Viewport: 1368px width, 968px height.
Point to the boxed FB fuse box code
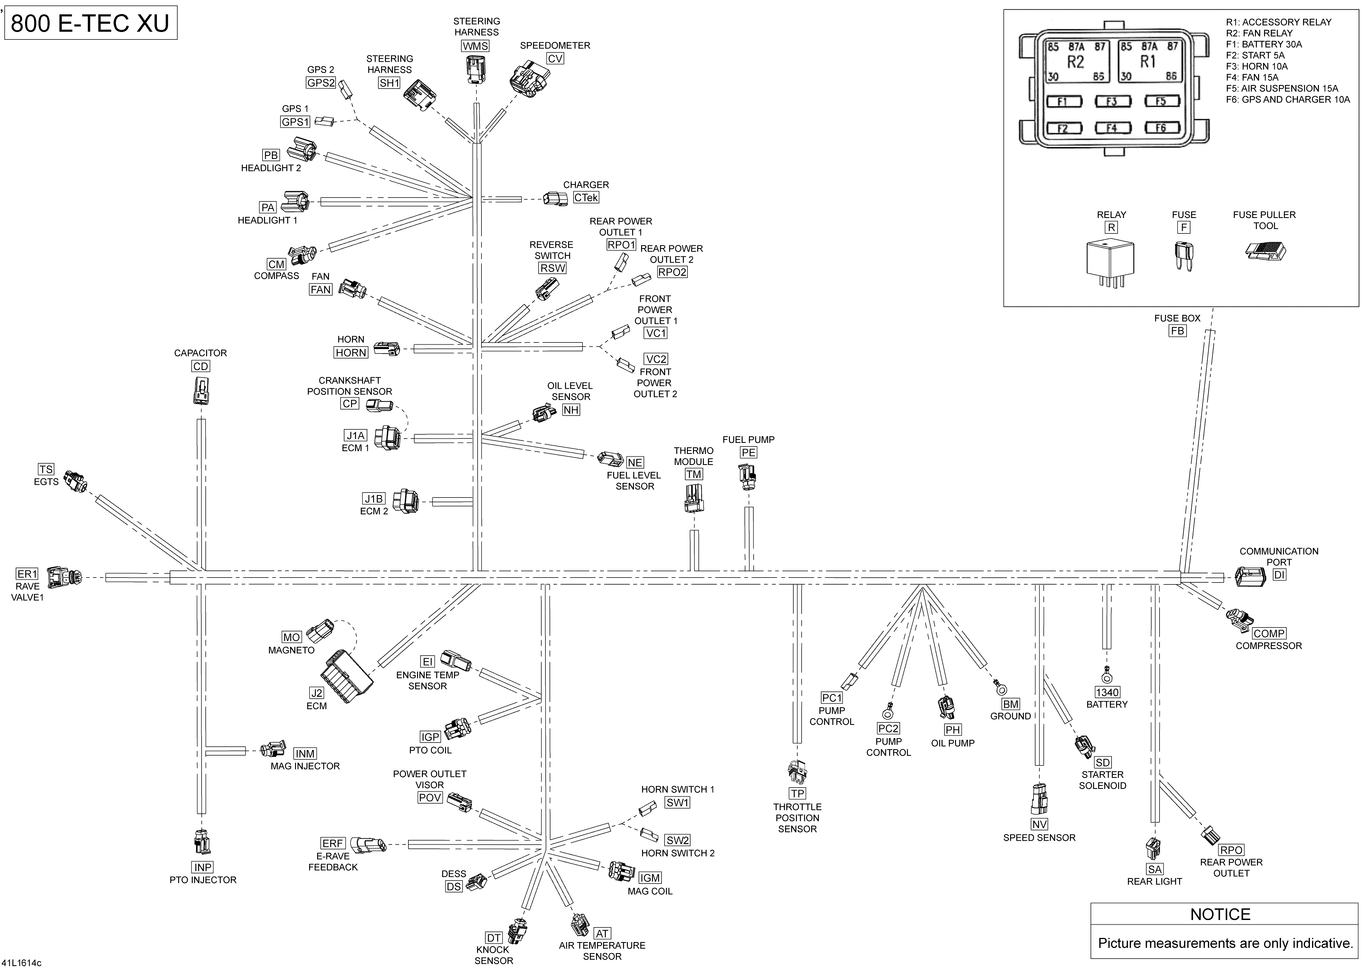[x=1177, y=331]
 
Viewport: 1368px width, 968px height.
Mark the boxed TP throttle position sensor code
[x=797, y=793]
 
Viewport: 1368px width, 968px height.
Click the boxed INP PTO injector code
[x=203, y=867]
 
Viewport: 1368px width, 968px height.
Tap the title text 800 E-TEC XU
[x=90, y=23]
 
